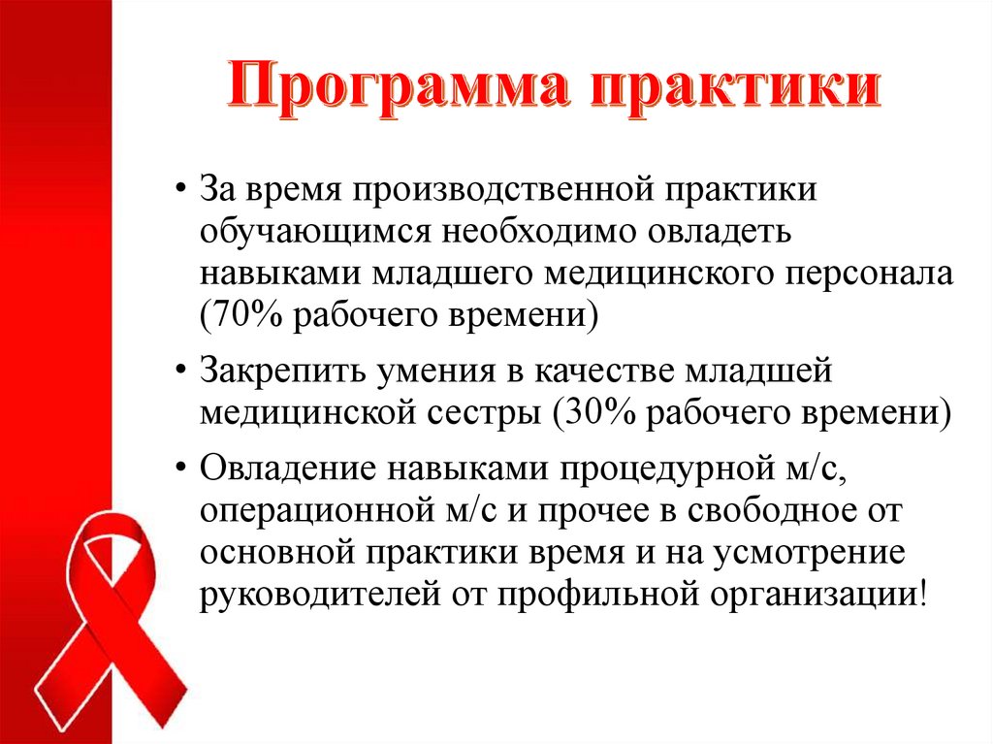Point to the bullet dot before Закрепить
pos(182,371)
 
